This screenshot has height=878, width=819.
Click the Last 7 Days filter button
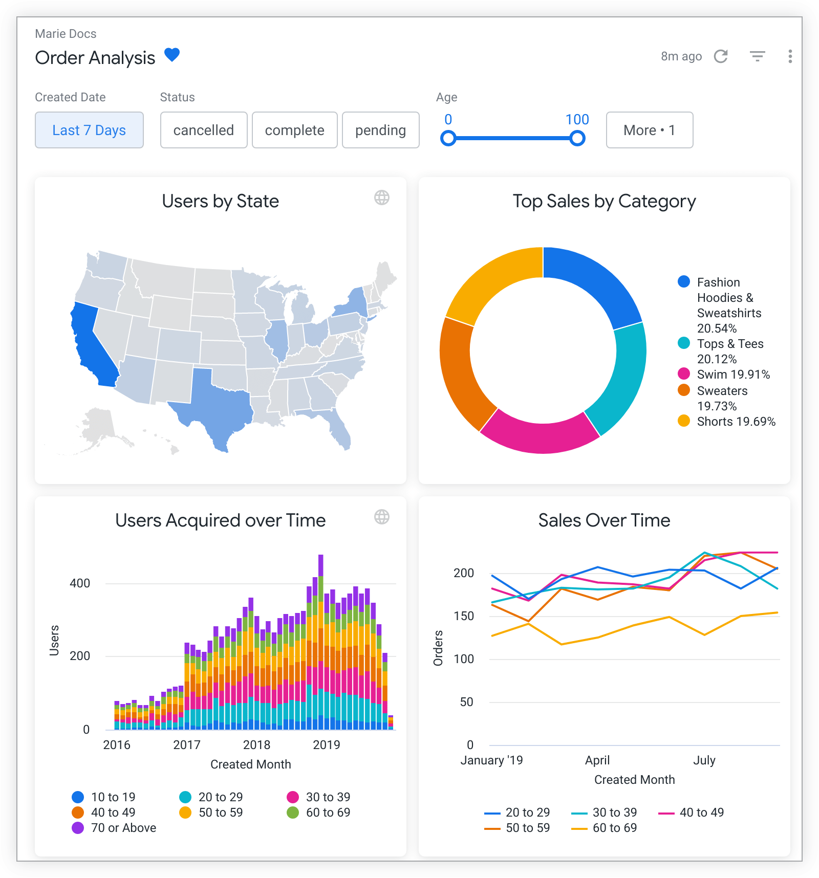[x=89, y=130]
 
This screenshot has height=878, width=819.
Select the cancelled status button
[x=204, y=130]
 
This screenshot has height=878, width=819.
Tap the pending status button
[x=380, y=130]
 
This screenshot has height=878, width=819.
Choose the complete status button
[x=294, y=130]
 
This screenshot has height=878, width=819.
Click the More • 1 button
[x=649, y=130]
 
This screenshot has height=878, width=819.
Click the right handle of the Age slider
[x=577, y=138]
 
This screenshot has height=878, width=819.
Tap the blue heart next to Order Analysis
[x=172, y=55]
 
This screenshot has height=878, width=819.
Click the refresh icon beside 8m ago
[x=721, y=56]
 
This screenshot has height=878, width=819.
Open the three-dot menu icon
[x=790, y=56]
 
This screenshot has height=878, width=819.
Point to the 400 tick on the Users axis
[x=80, y=583]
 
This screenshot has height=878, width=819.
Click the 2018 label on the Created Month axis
[x=256, y=745]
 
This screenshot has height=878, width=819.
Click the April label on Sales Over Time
[x=597, y=760]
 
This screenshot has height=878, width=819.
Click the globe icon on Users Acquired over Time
[x=382, y=517]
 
